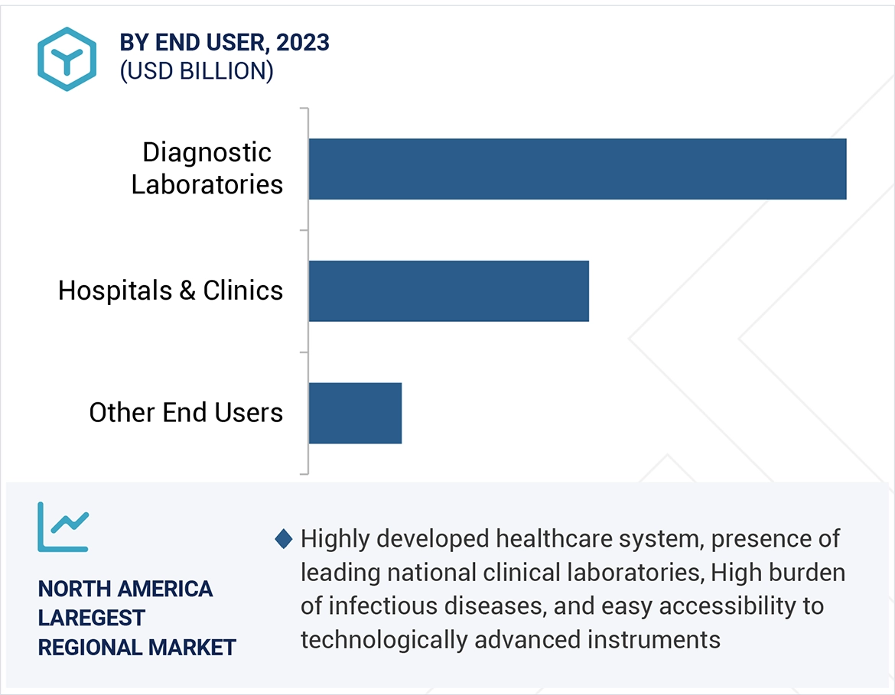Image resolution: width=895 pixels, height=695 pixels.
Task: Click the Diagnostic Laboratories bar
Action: (x=578, y=169)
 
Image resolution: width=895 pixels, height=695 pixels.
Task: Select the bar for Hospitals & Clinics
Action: (x=449, y=291)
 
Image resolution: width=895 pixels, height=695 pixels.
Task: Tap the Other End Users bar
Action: (x=355, y=413)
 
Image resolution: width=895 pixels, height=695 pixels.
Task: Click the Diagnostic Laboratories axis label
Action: (x=207, y=168)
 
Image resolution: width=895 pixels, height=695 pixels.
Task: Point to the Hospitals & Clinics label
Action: (x=171, y=291)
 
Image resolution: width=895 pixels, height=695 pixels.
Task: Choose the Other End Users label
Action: (x=186, y=413)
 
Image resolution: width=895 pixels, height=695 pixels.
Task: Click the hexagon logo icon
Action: (x=67, y=59)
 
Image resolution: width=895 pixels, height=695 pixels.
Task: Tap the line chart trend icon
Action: (x=63, y=527)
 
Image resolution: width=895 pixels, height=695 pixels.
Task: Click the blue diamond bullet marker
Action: (x=284, y=539)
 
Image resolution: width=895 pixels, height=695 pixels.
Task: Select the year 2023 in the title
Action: (x=303, y=43)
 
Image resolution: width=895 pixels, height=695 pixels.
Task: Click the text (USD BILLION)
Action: (x=197, y=71)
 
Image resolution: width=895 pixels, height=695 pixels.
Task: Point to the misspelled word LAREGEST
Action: (x=91, y=618)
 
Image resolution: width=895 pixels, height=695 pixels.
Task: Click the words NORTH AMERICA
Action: (x=125, y=589)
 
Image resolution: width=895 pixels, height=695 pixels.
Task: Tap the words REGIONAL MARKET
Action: (x=137, y=648)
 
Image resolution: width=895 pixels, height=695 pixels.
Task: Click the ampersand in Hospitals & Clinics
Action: (x=187, y=291)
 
